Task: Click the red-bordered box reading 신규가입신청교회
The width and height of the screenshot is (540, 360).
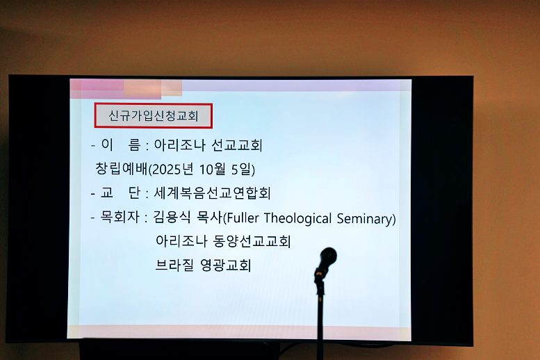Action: click(153, 116)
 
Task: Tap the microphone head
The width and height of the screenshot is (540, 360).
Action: click(326, 257)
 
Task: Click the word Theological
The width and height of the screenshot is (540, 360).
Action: click(297, 219)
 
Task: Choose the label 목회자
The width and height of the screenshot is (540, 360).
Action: click(117, 218)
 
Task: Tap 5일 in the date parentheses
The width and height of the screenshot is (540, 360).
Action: click(240, 170)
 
